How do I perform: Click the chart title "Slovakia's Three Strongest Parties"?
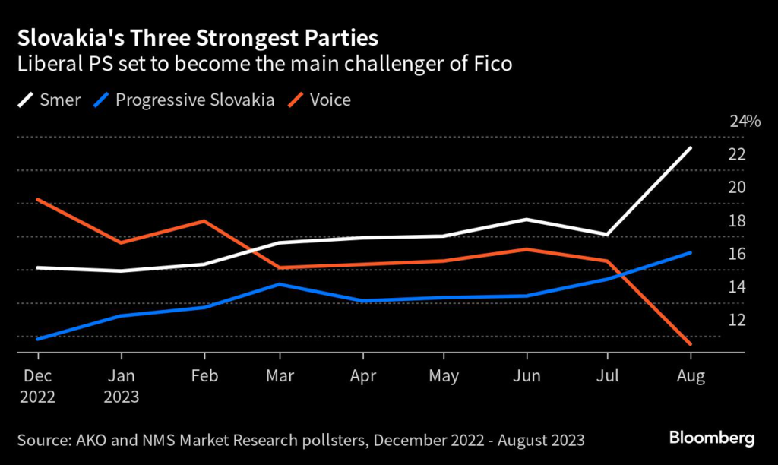[x=198, y=36]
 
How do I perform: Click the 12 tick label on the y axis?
[x=737, y=320]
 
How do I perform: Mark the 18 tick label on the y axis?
[x=737, y=221]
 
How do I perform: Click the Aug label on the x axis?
[x=691, y=376]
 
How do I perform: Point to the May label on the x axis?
[x=444, y=376]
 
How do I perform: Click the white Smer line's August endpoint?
[x=690, y=148]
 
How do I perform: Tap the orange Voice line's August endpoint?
[x=690, y=343]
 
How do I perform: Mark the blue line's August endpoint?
[x=690, y=253]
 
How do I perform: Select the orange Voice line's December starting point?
[x=37, y=200]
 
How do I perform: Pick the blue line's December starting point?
[x=37, y=339]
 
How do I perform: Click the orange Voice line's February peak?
[x=204, y=221]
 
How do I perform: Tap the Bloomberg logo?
[x=711, y=438]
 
